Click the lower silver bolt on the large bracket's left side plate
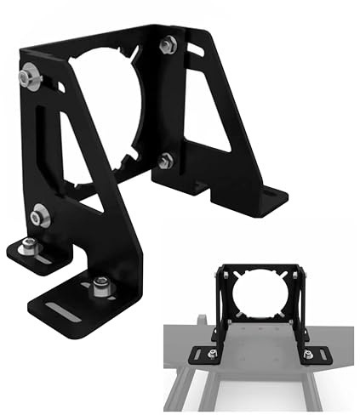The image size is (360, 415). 38,217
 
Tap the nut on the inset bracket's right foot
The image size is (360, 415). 308,352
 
